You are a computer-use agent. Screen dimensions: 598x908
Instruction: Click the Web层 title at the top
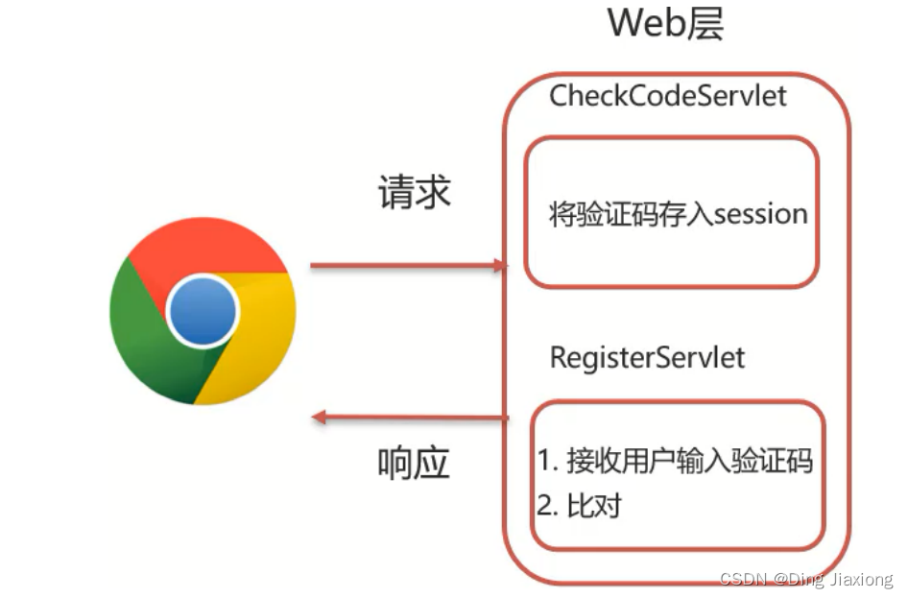coord(665,23)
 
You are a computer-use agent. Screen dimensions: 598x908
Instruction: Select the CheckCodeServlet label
coord(668,96)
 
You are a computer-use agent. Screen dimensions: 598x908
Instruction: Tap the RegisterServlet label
coord(647,358)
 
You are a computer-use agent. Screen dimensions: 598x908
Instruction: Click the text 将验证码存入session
coord(679,213)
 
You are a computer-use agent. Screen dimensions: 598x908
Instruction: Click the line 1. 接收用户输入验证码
coord(675,462)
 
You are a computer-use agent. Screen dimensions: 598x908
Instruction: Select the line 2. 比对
coord(579,506)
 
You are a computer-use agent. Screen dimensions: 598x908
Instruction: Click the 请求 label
coord(414,193)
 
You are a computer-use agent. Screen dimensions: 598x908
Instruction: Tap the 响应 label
coord(414,464)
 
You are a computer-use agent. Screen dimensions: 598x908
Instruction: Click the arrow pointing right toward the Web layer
coord(408,266)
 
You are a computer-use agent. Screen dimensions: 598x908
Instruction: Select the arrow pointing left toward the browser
coord(411,417)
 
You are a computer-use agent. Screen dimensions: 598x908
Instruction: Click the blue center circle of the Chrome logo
coord(202,310)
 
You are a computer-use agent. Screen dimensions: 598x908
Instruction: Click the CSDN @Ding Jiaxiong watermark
coord(804,580)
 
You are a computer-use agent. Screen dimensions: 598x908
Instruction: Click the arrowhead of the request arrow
coord(499,266)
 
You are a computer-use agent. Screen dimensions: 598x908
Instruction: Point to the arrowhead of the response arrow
coord(321,417)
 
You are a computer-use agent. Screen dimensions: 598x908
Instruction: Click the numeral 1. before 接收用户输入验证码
coord(548,462)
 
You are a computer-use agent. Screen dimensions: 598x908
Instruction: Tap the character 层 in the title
coord(705,23)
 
